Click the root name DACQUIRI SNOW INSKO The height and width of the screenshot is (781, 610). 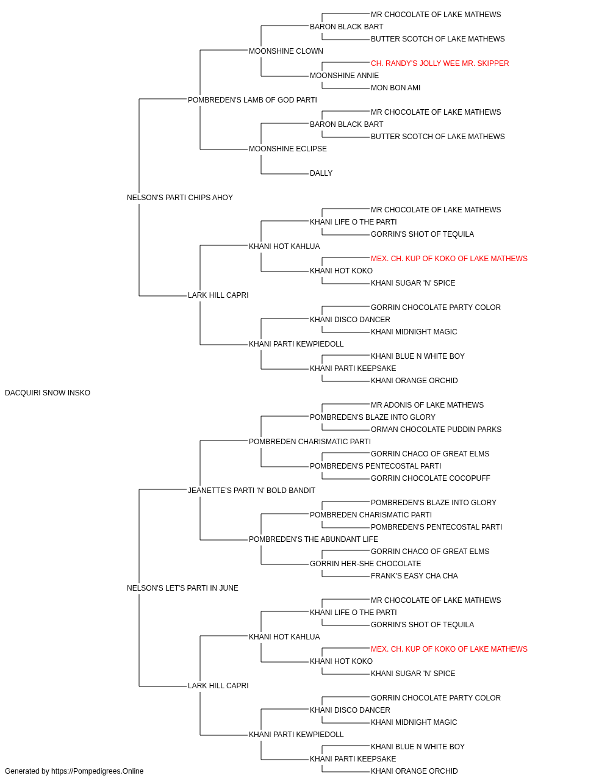click(x=48, y=393)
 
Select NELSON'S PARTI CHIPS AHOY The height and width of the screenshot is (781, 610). click(x=179, y=198)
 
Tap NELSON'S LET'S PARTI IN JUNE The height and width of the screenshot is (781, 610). click(x=182, y=588)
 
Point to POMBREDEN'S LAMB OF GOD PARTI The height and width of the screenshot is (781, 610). click(x=252, y=100)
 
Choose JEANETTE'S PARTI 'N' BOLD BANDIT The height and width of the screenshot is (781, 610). click(x=251, y=491)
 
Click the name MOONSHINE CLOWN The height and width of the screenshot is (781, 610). click(x=286, y=51)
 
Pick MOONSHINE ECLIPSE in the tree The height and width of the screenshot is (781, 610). click(x=288, y=149)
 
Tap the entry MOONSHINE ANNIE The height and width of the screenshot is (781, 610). click(x=344, y=76)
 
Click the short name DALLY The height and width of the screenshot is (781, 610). click(x=321, y=173)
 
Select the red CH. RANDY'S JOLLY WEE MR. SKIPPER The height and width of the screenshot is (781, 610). click(x=440, y=63)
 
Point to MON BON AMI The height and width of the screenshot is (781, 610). click(x=395, y=88)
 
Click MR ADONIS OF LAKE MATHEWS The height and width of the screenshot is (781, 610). click(x=427, y=405)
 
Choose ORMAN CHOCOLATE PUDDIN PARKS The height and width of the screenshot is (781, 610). click(x=436, y=430)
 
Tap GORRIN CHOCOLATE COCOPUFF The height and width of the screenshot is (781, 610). click(x=431, y=478)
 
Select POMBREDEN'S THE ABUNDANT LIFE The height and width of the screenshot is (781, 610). click(x=314, y=539)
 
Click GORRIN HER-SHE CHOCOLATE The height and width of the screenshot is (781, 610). click(x=365, y=564)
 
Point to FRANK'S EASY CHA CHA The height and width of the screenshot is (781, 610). click(x=414, y=576)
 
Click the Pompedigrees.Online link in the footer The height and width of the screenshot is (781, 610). click(x=97, y=771)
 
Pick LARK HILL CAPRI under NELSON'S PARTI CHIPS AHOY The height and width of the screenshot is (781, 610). click(x=218, y=295)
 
